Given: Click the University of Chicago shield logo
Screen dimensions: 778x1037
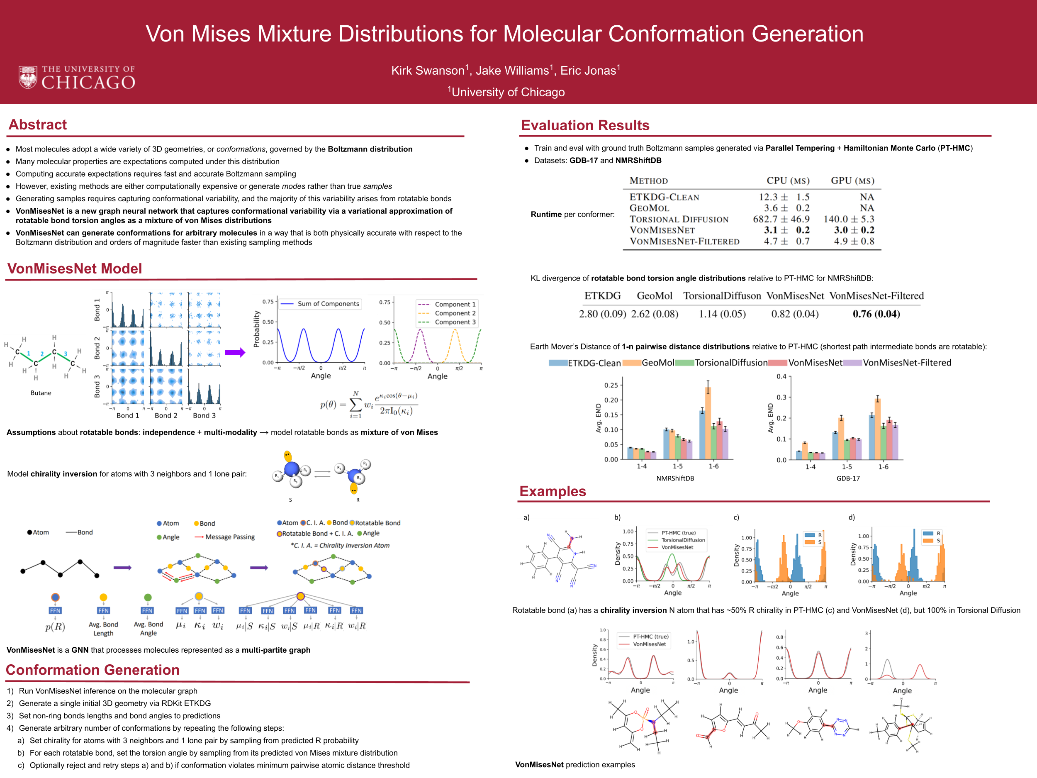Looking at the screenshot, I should click(28, 77).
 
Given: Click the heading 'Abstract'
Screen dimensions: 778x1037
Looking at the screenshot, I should click(37, 125).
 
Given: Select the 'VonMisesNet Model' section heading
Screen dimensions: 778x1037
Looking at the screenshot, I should click(75, 269).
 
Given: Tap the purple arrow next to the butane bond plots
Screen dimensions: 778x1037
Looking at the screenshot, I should click(235, 353).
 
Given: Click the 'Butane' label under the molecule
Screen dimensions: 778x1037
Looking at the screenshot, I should click(41, 393).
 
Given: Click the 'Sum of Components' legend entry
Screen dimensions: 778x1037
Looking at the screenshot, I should click(328, 304).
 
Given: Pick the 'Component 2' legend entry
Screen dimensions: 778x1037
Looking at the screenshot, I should click(455, 313).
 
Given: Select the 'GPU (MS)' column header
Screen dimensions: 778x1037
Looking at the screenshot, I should click(852, 181).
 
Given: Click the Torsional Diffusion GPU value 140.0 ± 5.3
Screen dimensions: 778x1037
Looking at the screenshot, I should click(849, 219).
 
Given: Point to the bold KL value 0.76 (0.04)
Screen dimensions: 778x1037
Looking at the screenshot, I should click(876, 314).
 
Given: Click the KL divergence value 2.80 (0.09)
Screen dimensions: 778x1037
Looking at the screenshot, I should click(602, 314).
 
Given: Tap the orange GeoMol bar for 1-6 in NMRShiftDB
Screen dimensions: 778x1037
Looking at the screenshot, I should click(708, 422).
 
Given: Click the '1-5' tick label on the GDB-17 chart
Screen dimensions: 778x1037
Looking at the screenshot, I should click(847, 467).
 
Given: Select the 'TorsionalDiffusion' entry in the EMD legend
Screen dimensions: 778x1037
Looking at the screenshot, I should click(730, 363).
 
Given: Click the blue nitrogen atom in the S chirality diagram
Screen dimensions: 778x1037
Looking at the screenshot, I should click(292, 468).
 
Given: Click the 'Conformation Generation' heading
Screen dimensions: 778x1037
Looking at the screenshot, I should click(93, 670).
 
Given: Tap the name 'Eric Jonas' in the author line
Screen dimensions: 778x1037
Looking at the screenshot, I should click(589, 71).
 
